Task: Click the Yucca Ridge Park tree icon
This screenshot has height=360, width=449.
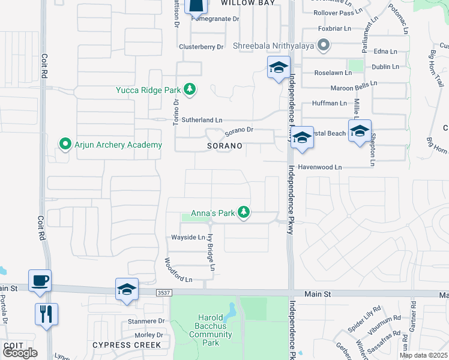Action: coord(190,90)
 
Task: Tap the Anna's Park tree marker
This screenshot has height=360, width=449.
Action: coord(244,213)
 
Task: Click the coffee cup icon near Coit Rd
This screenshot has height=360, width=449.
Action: coord(40,280)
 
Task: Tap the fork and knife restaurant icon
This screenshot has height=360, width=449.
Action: coord(46,313)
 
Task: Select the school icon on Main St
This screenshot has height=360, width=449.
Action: coord(127,289)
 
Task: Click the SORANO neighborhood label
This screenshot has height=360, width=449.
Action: coord(225,146)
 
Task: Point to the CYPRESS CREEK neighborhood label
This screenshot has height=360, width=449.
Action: coord(127,345)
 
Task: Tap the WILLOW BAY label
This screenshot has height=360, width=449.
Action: coord(248,3)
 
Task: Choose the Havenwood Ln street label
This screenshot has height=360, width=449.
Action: coord(320,167)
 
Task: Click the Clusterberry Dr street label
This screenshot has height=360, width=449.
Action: coord(201,47)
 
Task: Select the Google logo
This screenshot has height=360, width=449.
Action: coord(20,353)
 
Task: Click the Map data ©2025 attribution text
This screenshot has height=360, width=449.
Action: coord(423,355)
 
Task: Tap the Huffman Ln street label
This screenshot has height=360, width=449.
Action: coord(330,103)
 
